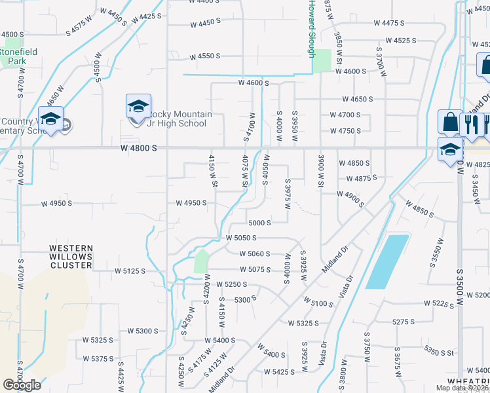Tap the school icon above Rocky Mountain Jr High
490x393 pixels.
pos(138,106)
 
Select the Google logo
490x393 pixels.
pos(22,385)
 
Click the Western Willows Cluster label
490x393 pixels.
pos(71,257)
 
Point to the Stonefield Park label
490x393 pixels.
pos(18,56)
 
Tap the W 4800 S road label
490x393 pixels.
pos(139,149)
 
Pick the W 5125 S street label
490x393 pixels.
pos(129,271)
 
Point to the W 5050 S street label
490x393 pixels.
pos(240,238)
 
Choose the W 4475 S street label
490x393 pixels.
pos(389,23)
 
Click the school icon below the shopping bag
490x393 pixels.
pos(450,149)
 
